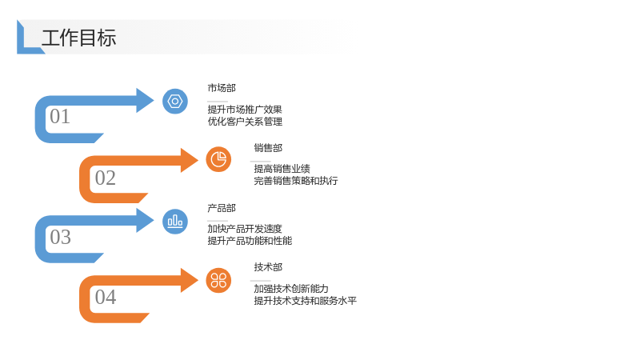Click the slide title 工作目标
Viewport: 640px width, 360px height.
click(x=78, y=38)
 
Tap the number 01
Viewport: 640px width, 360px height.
click(x=60, y=116)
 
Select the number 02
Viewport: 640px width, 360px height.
click(x=106, y=178)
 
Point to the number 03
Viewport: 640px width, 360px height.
click(x=61, y=237)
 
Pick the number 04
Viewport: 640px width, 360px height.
click(x=106, y=297)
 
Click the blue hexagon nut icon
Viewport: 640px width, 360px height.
click(x=175, y=102)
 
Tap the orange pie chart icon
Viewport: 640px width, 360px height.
click(x=218, y=159)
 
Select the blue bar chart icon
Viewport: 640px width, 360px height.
click(x=175, y=222)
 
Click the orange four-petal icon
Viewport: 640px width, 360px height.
click(x=218, y=281)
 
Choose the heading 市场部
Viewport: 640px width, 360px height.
click(x=222, y=88)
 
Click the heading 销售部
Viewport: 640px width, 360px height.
click(x=268, y=148)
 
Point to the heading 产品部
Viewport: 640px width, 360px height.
click(x=222, y=208)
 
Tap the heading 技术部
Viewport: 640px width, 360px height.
click(x=268, y=267)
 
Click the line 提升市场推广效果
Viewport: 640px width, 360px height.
click(x=245, y=110)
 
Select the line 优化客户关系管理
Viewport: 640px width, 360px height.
click(x=245, y=122)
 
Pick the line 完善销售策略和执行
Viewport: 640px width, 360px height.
click(x=296, y=181)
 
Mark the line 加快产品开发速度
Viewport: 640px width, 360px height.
click(x=245, y=229)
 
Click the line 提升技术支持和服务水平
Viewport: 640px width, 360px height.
click(x=306, y=301)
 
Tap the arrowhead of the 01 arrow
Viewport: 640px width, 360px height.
click(x=145, y=101)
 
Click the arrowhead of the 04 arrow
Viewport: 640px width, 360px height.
click(x=190, y=281)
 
